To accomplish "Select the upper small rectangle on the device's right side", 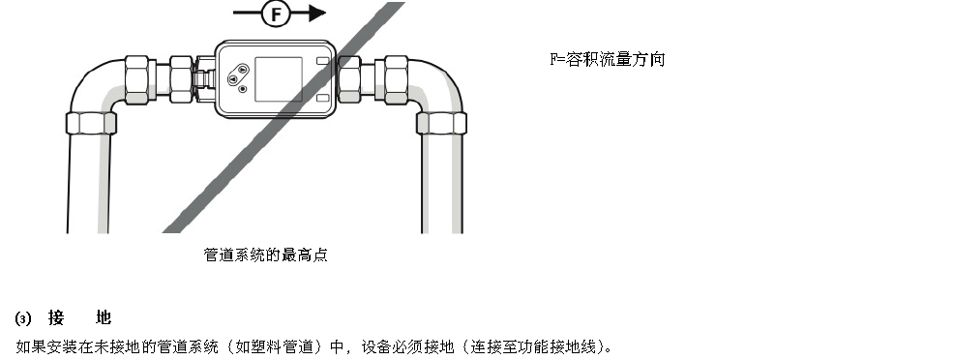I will point(323,63).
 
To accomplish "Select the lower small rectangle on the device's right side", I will point(323,97).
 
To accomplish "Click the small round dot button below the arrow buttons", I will point(242,90).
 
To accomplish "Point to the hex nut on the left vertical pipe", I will point(91,123).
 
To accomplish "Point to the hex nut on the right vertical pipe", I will point(441,123).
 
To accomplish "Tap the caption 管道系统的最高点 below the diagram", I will point(265,255).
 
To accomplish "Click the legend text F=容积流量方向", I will point(608,60).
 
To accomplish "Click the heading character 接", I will point(55,317).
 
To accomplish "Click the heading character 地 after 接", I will point(104,317).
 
